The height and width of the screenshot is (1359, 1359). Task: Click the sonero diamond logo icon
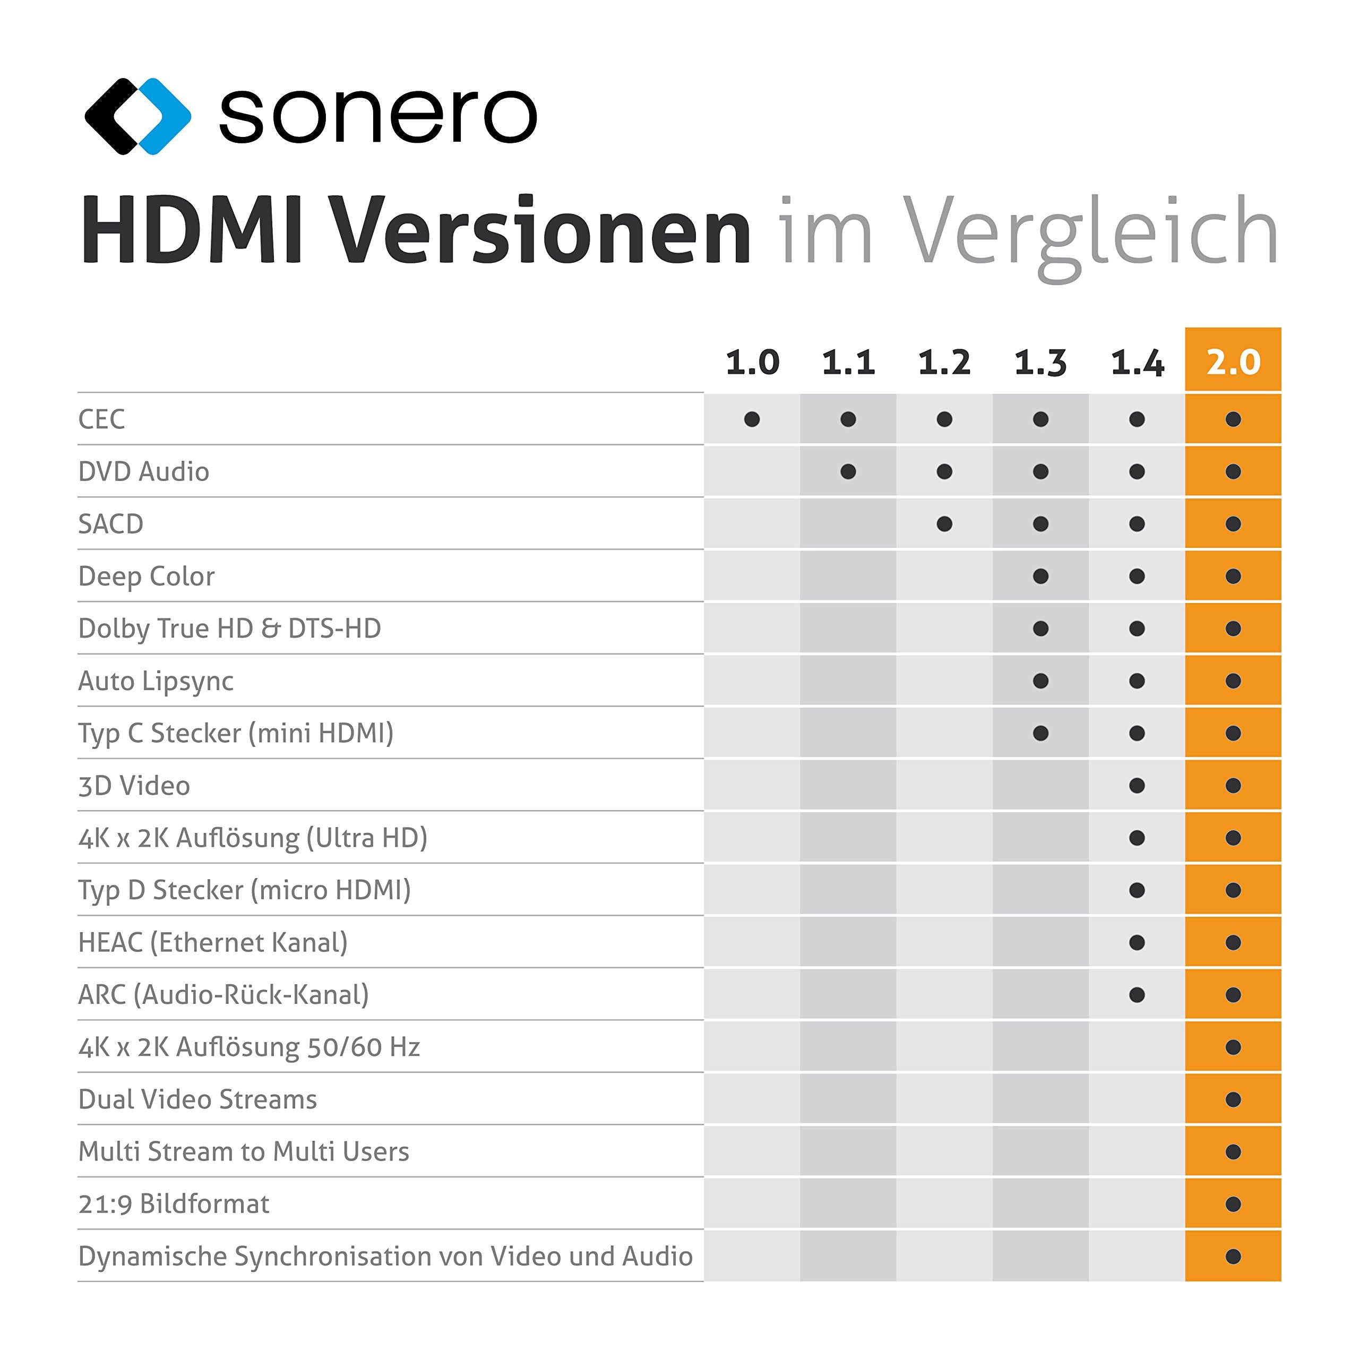pyautogui.click(x=137, y=116)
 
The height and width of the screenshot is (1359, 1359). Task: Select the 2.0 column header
pyautogui.click(x=1233, y=362)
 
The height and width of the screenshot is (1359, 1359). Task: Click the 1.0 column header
pyautogui.click(x=752, y=362)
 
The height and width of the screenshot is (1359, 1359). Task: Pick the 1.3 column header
pyautogui.click(x=1040, y=362)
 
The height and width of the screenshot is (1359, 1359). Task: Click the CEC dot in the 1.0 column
pyautogui.click(x=752, y=420)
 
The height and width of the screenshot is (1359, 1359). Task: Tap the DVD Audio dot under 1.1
pyautogui.click(x=848, y=472)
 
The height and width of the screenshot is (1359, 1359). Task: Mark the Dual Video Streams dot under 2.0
pyautogui.click(x=1233, y=1099)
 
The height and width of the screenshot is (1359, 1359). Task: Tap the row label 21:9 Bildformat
pyautogui.click(x=174, y=1204)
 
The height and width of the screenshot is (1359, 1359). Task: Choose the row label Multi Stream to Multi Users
pyautogui.click(x=243, y=1151)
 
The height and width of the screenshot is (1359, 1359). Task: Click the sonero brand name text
pyautogui.click(x=378, y=116)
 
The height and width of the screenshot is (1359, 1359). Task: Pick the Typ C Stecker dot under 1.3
pyautogui.click(x=1041, y=734)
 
